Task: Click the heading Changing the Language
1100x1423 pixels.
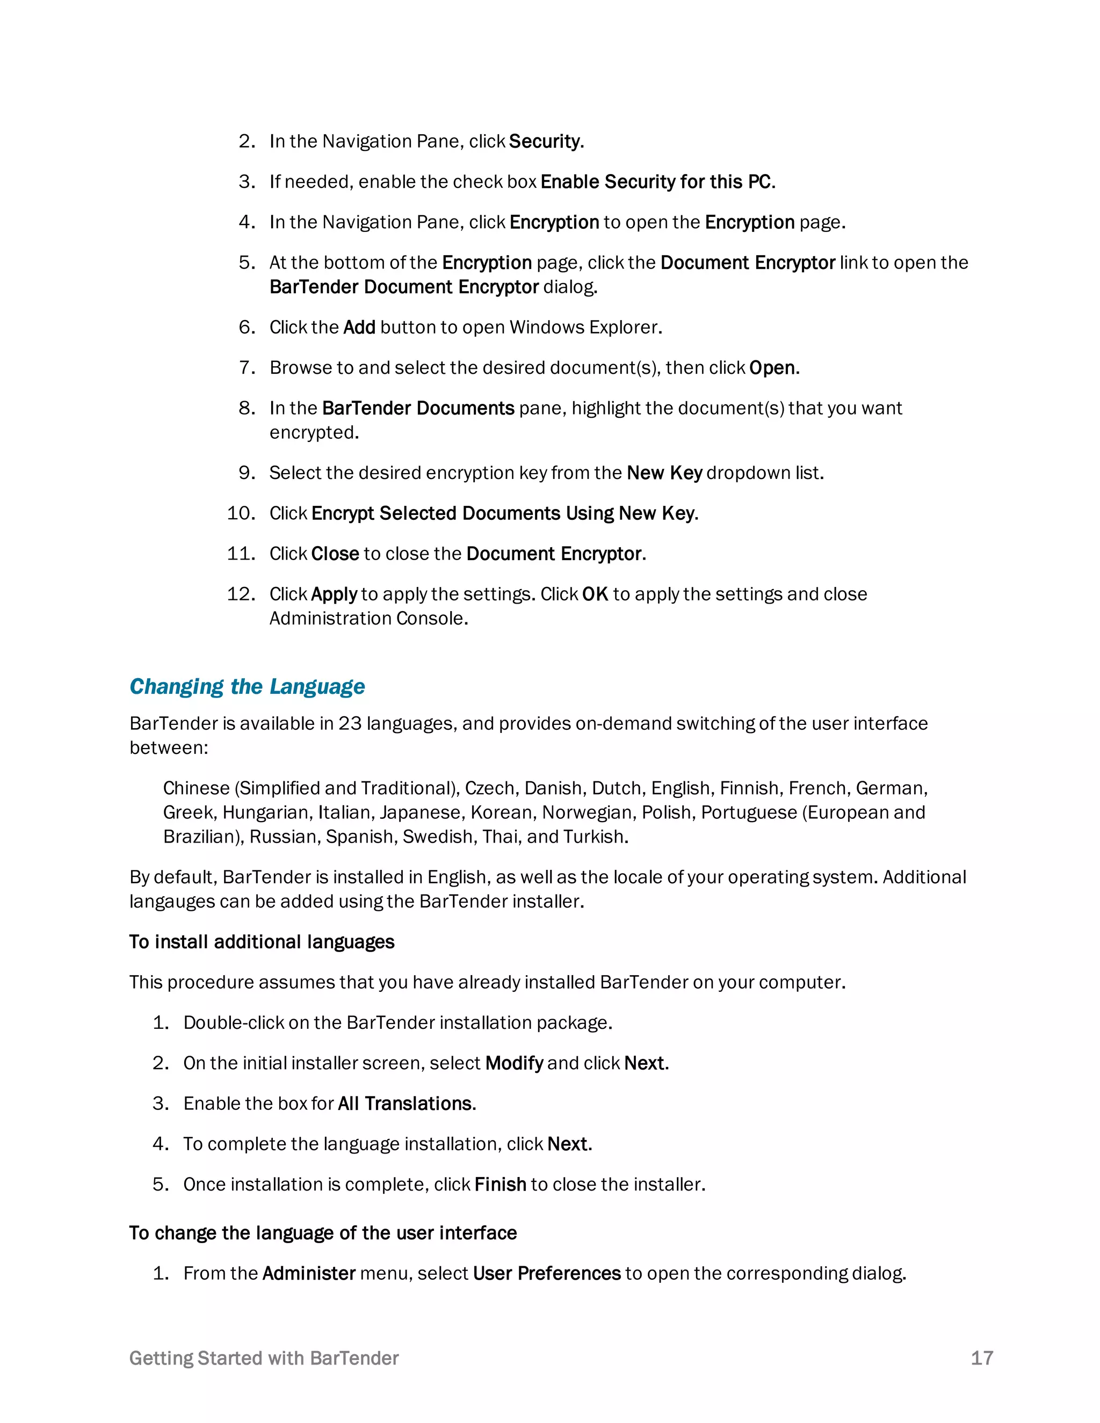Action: pyautogui.click(x=247, y=687)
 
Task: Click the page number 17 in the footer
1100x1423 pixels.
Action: pyautogui.click(x=981, y=1358)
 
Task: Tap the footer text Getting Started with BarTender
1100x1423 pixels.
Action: pyautogui.click(x=264, y=1358)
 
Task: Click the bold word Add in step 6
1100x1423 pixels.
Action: pyautogui.click(x=359, y=327)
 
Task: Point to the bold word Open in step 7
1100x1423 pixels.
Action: pyautogui.click(x=772, y=368)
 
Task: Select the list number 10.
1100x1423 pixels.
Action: pyautogui.click(x=241, y=513)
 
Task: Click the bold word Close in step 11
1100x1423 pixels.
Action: pyautogui.click(x=335, y=554)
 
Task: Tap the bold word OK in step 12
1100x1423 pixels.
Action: pyautogui.click(x=595, y=594)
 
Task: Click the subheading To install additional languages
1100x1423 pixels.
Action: pyautogui.click(x=262, y=942)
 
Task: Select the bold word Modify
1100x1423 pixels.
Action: pyautogui.click(x=514, y=1063)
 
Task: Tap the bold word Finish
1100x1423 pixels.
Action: pyautogui.click(x=500, y=1185)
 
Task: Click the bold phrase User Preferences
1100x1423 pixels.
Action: pyautogui.click(x=547, y=1274)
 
